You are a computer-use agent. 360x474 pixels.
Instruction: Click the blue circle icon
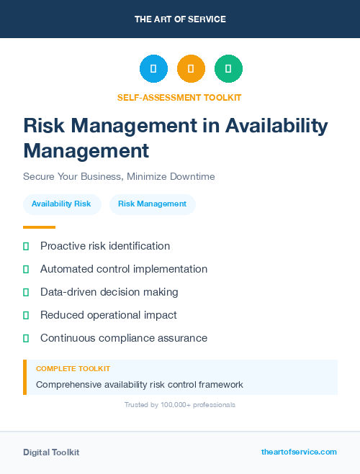tap(153, 69)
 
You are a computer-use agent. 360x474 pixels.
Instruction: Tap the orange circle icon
tap(191, 69)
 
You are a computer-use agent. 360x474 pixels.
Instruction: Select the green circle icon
tap(228, 69)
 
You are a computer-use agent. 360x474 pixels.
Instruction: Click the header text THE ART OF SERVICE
tap(180, 19)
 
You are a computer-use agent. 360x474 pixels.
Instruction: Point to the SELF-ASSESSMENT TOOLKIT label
tap(179, 98)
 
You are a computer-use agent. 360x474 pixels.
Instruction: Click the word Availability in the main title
tap(276, 126)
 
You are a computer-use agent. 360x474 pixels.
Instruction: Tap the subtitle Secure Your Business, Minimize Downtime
tap(119, 176)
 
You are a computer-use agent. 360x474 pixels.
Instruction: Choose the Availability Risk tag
tap(61, 204)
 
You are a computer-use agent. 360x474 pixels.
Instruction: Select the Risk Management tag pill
tap(152, 204)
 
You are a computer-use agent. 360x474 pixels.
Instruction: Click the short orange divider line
tap(39, 227)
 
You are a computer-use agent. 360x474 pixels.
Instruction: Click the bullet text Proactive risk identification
tap(105, 246)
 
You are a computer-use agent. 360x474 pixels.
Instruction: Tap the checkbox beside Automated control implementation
tap(26, 269)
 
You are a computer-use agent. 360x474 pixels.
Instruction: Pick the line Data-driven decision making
tap(109, 292)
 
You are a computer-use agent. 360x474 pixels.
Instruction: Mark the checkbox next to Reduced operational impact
tap(26, 315)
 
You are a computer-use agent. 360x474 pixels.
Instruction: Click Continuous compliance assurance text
tap(124, 338)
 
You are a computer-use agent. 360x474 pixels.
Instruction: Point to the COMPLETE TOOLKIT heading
tap(73, 369)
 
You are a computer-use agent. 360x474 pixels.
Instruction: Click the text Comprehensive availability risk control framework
tap(140, 385)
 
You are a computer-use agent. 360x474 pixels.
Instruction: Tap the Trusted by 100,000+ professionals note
tap(180, 405)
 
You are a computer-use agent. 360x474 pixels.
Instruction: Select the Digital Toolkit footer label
tap(51, 452)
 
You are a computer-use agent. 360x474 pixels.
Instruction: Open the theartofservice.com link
tap(299, 452)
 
